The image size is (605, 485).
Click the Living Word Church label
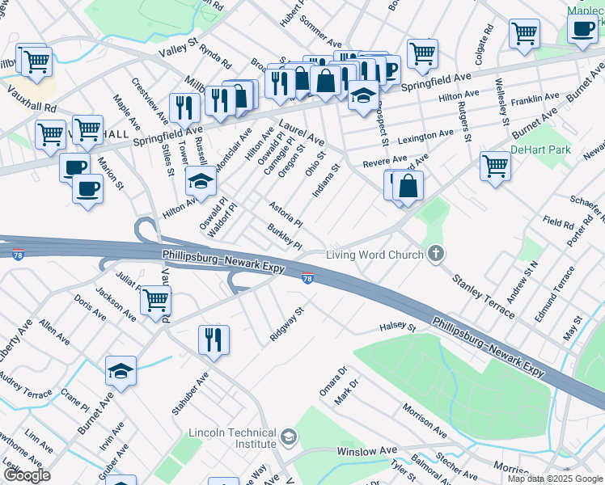[374, 255]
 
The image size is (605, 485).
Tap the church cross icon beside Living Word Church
[436, 255]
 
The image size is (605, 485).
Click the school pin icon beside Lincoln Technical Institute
[288, 439]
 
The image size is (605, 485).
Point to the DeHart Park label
[540, 150]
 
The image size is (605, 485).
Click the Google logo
[26, 476]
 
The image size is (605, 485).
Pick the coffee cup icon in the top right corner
[582, 28]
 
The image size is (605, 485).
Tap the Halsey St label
[397, 328]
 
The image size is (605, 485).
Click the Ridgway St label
[286, 323]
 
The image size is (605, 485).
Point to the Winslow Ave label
[367, 450]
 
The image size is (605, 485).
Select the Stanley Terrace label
[483, 297]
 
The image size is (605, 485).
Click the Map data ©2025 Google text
[555, 479]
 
